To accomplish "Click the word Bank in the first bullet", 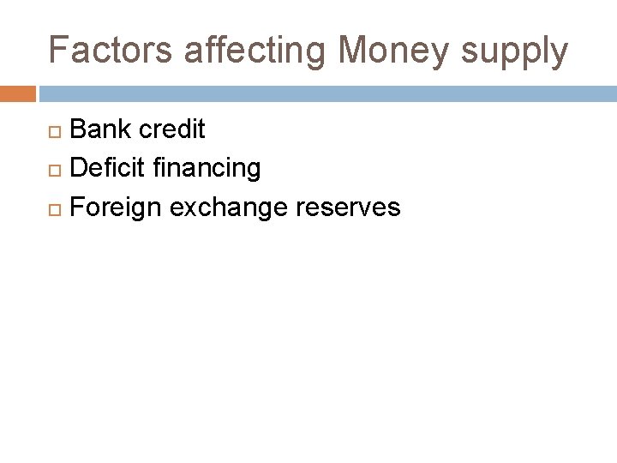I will point(101,129).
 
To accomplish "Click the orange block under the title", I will point(18,93).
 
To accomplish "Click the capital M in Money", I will point(354,51).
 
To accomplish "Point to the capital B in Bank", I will point(78,129).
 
